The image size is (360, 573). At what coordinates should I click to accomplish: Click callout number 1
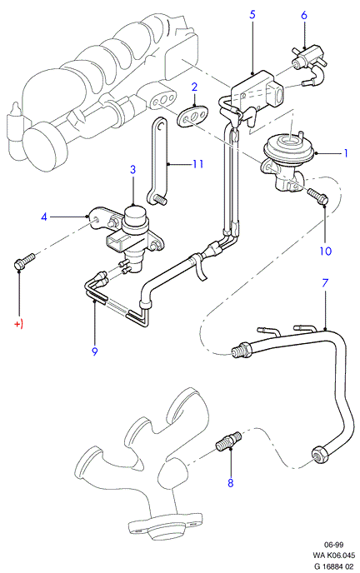click(x=346, y=153)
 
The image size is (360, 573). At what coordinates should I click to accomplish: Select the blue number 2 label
click(x=194, y=87)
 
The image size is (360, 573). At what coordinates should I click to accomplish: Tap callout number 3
click(x=132, y=169)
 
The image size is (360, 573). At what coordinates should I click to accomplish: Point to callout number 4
click(x=44, y=217)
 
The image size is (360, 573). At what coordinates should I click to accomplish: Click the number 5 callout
click(x=252, y=15)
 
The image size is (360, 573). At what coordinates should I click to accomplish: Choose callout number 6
click(x=304, y=15)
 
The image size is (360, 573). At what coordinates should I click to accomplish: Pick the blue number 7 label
click(x=325, y=283)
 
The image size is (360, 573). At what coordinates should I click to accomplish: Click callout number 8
click(x=230, y=483)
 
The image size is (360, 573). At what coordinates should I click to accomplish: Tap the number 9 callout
click(x=95, y=351)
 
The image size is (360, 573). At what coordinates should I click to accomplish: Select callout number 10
click(x=325, y=251)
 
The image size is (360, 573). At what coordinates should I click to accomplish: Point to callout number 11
click(x=197, y=164)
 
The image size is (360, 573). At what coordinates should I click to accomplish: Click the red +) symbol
click(x=18, y=324)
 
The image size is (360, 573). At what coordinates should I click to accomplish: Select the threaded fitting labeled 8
click(x=228, y=441)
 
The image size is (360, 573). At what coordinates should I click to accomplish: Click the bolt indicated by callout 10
click(x=318, y=196)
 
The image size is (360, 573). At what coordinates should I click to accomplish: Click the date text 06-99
click(x=333, y=545)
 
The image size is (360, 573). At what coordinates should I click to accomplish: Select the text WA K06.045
click(x=333, y=556)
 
